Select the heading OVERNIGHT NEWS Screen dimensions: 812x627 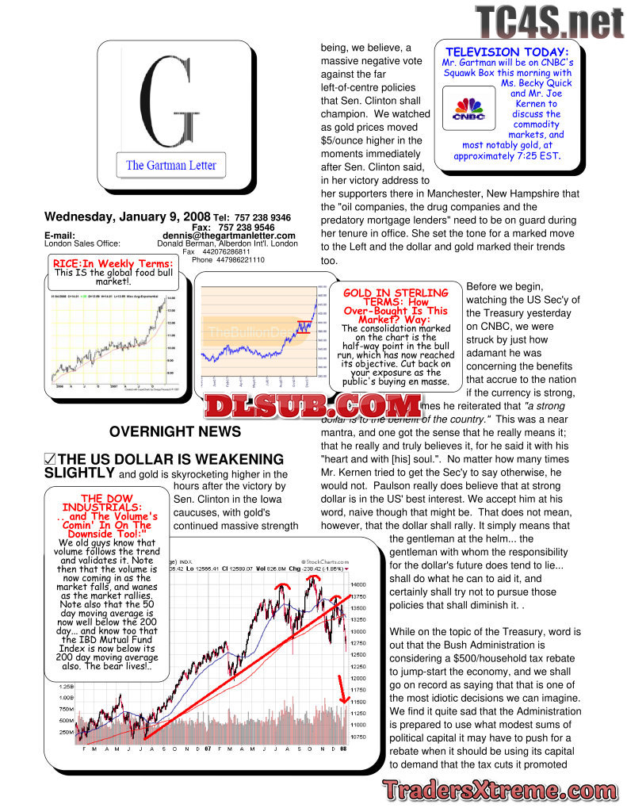pos(175,431)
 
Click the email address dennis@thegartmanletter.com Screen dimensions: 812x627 pos(229,236)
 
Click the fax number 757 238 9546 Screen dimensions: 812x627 pos(247,227)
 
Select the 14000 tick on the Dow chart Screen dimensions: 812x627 pos(357,584)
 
